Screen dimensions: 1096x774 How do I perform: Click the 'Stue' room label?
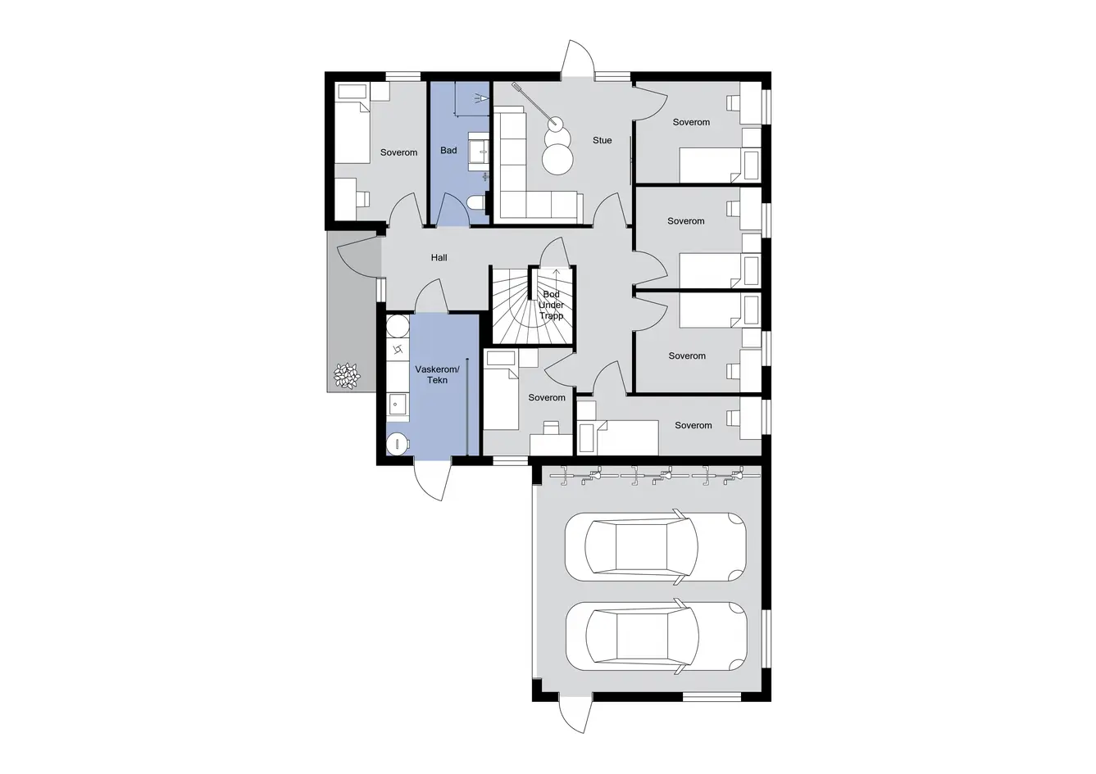click(x=602, y=140)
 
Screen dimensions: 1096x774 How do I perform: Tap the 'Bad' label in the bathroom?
click(x=448, y=150)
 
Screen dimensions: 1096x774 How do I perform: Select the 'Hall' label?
click(x=439, y=258)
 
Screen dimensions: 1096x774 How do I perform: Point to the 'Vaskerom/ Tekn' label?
click(x=437, y=374)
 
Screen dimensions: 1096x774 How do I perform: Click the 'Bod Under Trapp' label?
click(x=551, y=306)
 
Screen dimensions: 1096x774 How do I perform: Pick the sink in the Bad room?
click(x=479, y=151)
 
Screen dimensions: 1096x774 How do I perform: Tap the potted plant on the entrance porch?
click(x=347, y=375)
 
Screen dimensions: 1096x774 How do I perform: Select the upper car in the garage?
click(x=656, y=546)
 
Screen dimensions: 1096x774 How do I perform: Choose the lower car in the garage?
click(x=657, y=636)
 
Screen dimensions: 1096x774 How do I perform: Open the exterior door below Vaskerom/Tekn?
click(x=432, y=480)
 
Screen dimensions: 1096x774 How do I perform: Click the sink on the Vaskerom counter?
click(x=398, y=405)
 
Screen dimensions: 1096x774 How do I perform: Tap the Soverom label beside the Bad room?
click(x=398, y=152)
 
